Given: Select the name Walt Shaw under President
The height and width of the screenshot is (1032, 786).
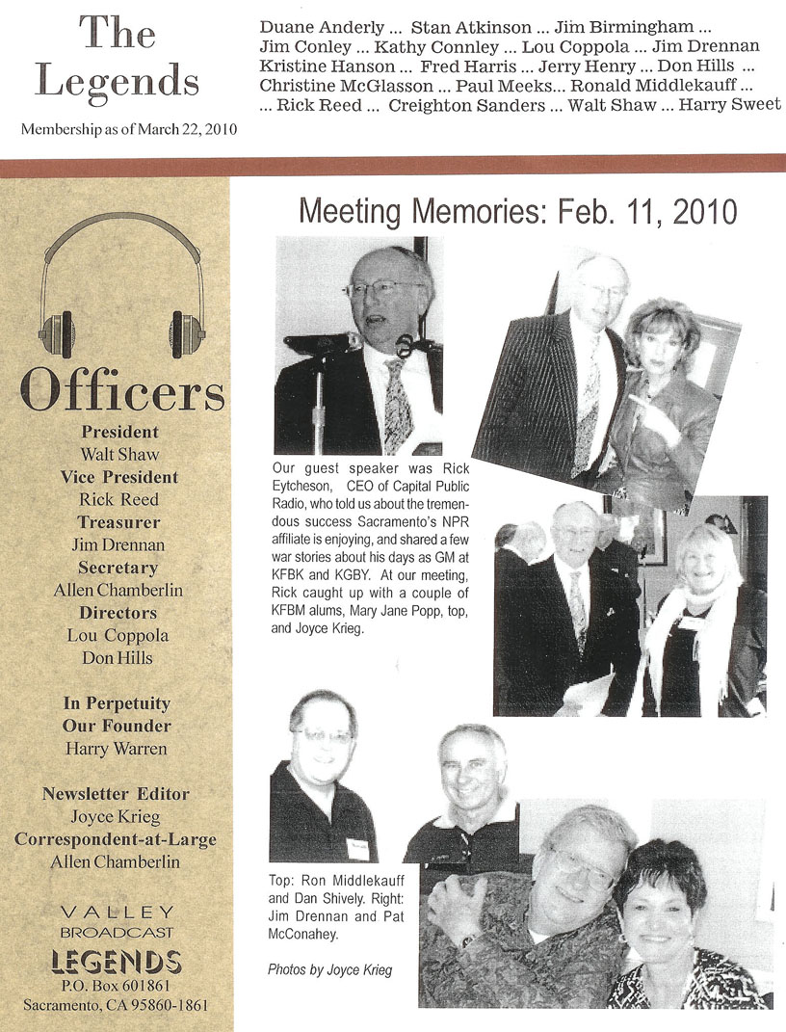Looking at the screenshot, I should (120, 454).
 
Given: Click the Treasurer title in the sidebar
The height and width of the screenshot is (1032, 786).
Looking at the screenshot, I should (120, 521).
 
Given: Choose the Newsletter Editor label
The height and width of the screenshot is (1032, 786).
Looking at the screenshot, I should (116, 794).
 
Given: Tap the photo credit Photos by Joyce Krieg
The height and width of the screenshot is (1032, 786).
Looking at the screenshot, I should (329, 969).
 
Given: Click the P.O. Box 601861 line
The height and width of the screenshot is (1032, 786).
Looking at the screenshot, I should (117, 988).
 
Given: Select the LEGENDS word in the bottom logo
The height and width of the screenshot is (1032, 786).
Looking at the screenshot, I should (117, 961).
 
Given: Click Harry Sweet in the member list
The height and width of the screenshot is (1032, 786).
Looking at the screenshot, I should (729, 104).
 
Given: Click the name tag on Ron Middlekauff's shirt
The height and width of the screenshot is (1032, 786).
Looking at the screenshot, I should (357, 849).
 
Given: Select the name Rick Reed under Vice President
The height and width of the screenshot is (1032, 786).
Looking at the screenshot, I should (120, 499).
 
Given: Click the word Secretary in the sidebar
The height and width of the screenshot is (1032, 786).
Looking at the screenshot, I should (120, 568).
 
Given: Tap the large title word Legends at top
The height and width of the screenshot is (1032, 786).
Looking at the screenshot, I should (118, 80).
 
